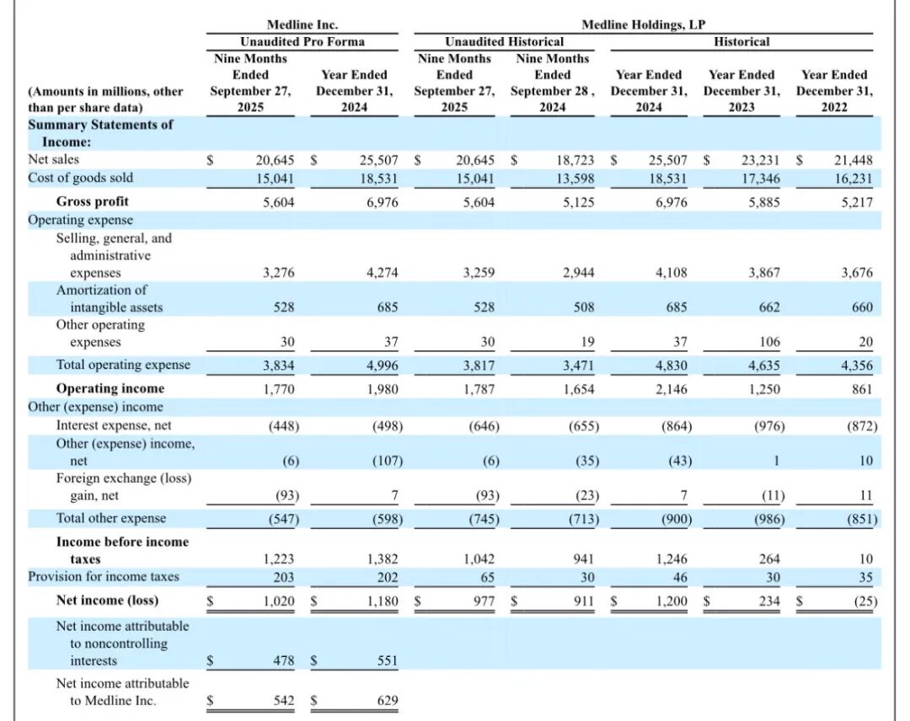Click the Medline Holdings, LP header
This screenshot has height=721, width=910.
click(x=644, y=25)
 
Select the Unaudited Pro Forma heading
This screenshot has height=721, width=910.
click(x=302, y=41)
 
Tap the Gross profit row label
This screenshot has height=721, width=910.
click(x=93, y=201)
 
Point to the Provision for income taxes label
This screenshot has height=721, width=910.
click(x=104, y=577)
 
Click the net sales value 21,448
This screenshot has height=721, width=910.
click(x=854, y=160)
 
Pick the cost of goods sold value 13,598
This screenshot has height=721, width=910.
click(x=575, y=178)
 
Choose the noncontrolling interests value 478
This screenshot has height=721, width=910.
click(x=284, y=661)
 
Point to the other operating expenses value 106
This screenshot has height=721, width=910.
click(x=769, y=342)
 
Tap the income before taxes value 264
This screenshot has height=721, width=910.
click(x=769, y=559)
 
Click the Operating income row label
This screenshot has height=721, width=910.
click(x=110, y=388)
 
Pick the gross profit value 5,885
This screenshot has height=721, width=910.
click(x=763, y=202)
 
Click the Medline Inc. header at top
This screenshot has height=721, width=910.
click(x=302, y=25)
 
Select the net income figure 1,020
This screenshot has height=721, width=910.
click(x=279, y=601)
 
